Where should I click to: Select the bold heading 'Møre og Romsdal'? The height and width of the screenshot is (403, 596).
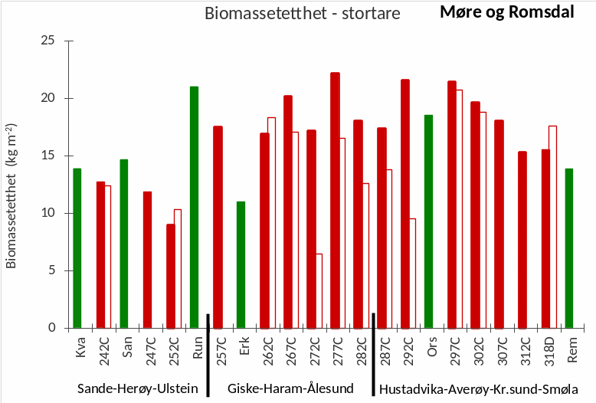(x=506, y=13)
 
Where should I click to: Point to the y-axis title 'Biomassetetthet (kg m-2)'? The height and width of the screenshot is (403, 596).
(x=11, y=195)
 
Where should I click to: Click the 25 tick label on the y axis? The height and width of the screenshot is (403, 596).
(x=47, y=41)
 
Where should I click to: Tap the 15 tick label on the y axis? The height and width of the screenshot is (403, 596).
(x=47, y=156)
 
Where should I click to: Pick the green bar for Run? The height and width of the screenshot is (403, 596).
(x=194, y=207)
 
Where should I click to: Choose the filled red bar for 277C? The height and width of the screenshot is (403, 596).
(x=335, y=200)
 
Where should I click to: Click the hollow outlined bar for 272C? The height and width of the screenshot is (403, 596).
(x=319, y=290)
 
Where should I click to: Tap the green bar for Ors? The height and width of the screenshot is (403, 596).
(x=428, y=221)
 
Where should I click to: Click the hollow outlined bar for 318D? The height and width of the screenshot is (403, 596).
(x=552, y=227)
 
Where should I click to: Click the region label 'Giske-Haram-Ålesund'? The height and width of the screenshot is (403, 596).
(x=291, y=388)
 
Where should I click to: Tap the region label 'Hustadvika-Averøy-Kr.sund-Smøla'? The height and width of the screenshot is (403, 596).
(x=479, y=388)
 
